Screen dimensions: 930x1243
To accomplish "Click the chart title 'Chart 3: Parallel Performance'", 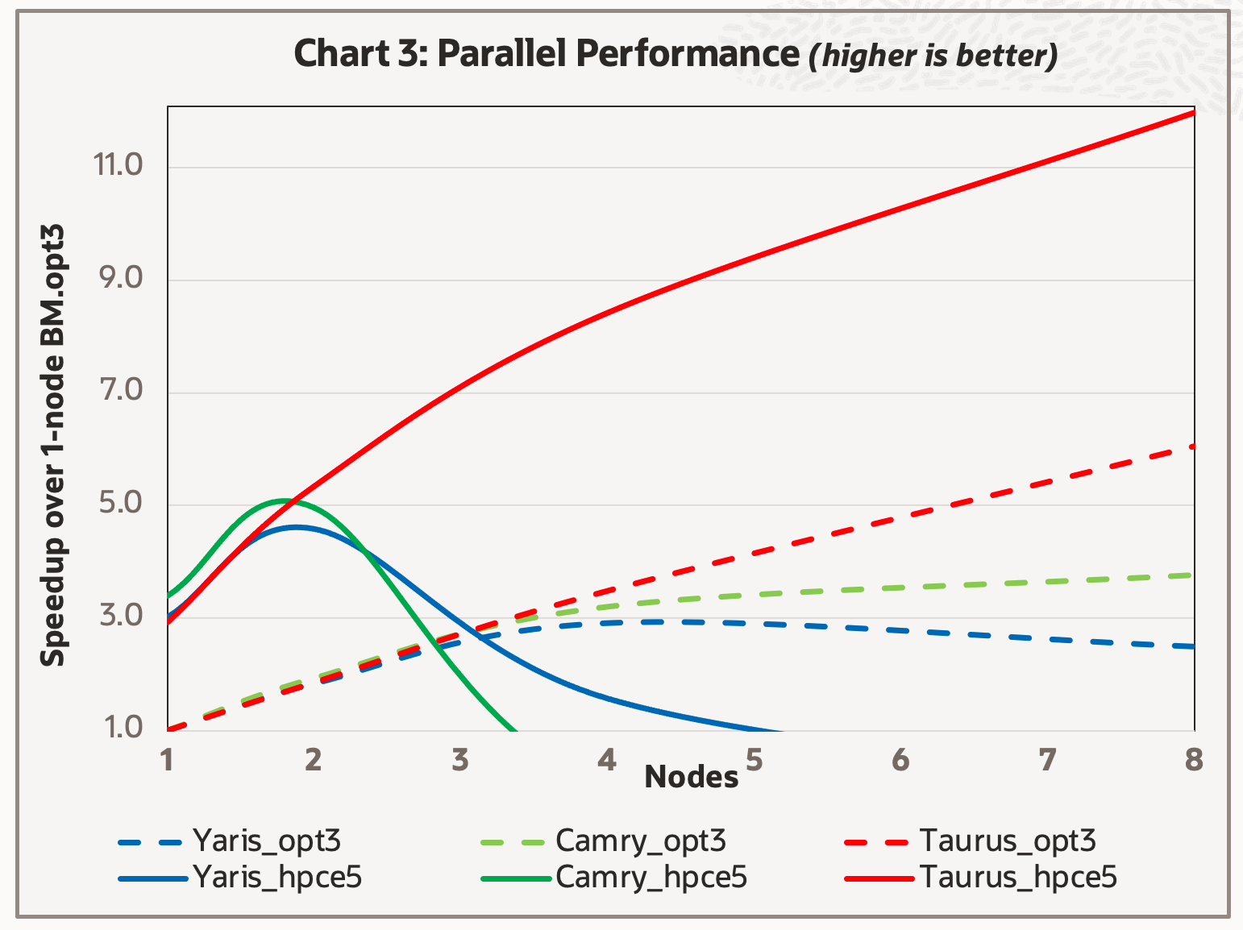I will click(x=546, y=54).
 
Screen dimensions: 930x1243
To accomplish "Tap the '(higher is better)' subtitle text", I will click(x=933, y=56).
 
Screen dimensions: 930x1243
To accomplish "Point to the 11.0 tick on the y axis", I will click(x=118, y=166).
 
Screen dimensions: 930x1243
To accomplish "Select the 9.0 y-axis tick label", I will click(x=118, y=279).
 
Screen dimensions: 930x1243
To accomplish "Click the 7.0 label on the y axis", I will click(x=118, y=392).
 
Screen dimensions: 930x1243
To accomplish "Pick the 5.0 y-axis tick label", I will click(x=118, y=504).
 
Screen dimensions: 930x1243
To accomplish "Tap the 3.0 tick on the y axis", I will click(x=118, y=617).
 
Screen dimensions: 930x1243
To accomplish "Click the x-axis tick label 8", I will click(x=1194, y=759).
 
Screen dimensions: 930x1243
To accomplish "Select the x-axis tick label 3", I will click(x=459, y=759).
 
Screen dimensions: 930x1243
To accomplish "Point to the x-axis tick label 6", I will click(x=900, y=759).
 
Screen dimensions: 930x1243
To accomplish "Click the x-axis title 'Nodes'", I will click(x=691, y=778).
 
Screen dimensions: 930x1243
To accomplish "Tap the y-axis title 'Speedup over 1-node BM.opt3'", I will click(x=53, y=446).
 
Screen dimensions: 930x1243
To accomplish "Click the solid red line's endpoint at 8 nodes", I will click(x=1193, y=113).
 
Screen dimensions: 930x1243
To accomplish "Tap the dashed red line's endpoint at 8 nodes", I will click(x=1193, y=446).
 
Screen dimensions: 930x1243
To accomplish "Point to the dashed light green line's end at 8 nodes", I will click(x=1193, y=575).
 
